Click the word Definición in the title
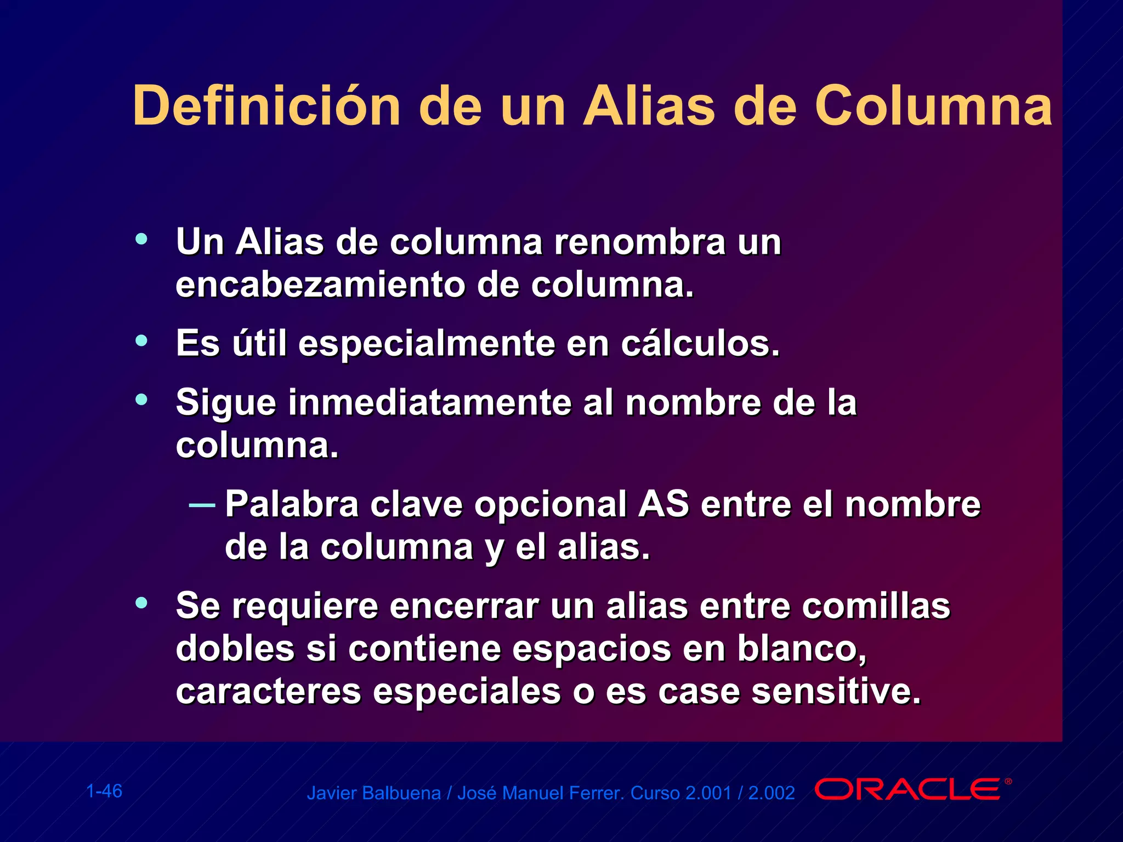[266, 106]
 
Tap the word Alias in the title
[649, 106]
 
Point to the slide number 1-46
[104, 791]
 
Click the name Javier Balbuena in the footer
[373, 793]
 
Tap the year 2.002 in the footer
[772, 793]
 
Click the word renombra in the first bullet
[639, 242]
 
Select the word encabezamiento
[320, 285]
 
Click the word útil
[259, 344]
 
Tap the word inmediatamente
[430, 403]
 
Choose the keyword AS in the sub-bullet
[663, 504]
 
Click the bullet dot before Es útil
[141, 341]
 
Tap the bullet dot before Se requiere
[141, 603]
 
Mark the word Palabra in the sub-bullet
[292, 504]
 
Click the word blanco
[801, 648]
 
